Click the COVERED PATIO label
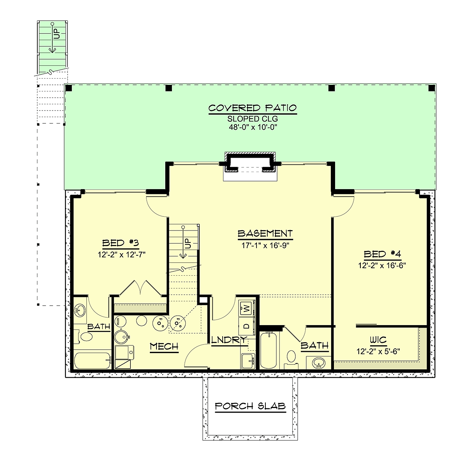click(253, 108)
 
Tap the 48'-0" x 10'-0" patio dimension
click(253, 127)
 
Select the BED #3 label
click(120, 243)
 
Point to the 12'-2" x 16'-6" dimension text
click(382, 266)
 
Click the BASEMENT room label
click(265, 234)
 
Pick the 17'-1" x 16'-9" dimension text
click(265, 245)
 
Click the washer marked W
click(247, 309)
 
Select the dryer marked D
click(247, 326)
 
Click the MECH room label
click(164, 346)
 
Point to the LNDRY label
click(229, 340)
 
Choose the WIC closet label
click(378, 340)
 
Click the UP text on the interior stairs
click(188, 243)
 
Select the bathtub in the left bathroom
click(92, 361)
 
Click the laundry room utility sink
click(248, 361)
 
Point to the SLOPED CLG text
click(253, 119)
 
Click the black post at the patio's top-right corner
click(432, 88)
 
